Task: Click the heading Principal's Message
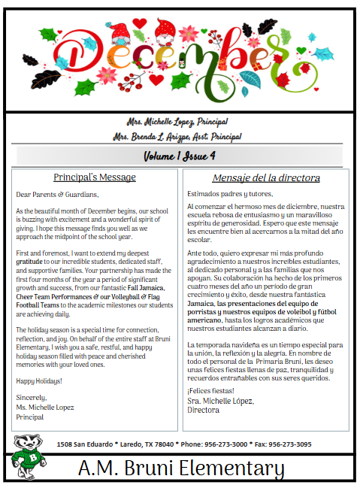click(94, 177)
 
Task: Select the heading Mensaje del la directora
click(266, 178)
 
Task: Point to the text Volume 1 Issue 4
click(180, 156)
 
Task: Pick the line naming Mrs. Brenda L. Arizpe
click(177, 136)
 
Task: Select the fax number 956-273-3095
click(290, 444)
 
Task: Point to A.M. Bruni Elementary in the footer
click(181, 469)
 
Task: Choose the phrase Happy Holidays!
click(39, 380)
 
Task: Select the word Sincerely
click(32, 397)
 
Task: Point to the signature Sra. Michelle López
click(220, 400)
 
